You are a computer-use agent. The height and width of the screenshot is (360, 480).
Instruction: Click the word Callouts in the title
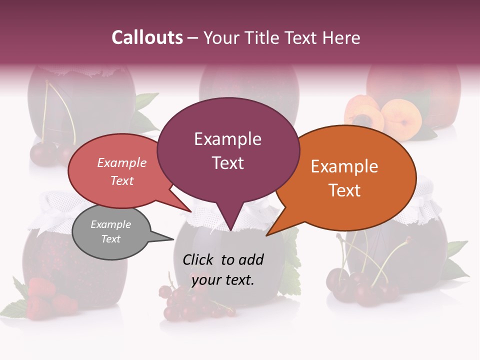(x=147, y=37)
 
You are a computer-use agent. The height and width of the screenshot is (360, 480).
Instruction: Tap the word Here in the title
(x=341, y=37)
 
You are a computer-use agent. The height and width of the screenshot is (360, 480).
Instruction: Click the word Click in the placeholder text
(x=199, y=259)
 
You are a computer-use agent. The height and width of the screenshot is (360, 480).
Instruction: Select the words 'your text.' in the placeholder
(x=223, y=280)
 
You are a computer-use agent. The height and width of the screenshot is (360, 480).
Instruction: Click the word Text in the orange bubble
(x=345, y=190)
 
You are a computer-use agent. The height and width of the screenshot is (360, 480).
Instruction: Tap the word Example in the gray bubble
(x=110, y=224)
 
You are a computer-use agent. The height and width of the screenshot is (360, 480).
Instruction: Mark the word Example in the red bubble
(x=121, y=163)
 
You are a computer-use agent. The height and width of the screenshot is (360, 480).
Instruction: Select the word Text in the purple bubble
(x=228, y=163)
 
